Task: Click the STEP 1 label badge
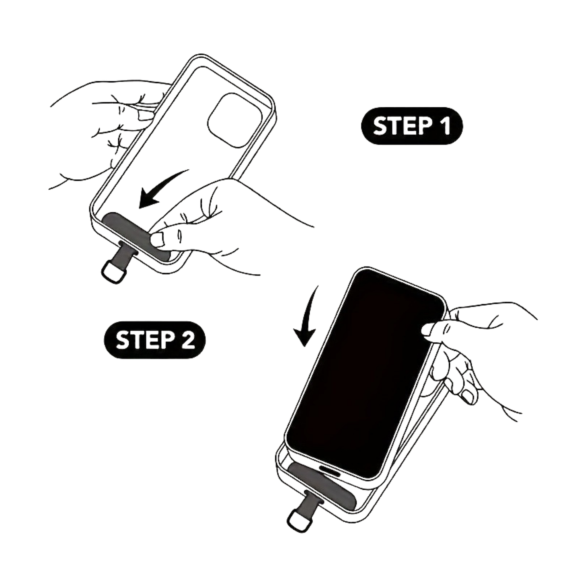point(412,126)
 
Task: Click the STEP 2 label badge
point(155,340)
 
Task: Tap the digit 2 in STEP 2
point(189,340)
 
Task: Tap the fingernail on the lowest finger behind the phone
point(467,397)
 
